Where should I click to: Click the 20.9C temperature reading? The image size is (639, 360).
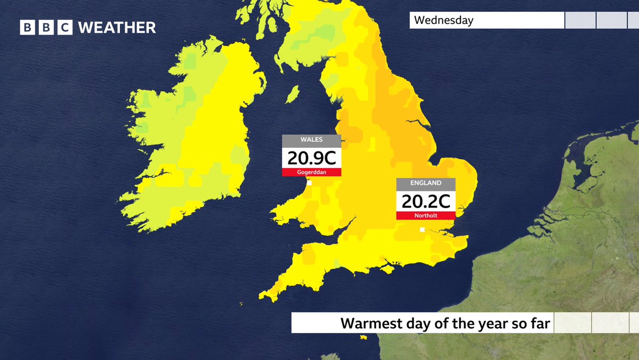(311, 158)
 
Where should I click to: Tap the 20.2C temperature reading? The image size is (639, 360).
(425, 201)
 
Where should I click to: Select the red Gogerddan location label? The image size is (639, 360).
(311, 172)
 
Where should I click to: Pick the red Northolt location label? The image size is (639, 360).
(425, 215)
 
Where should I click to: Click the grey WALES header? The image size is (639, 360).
(311, 140)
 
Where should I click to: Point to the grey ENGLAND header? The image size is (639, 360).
(425, 183)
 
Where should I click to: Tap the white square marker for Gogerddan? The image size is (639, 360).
(309, 183)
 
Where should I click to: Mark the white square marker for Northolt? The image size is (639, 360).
(422, 230)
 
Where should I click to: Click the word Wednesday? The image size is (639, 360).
(443, 21)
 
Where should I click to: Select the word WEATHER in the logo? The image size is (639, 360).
(117, 27)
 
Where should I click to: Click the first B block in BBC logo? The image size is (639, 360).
(28, 27)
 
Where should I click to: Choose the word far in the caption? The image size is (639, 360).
(538, 323)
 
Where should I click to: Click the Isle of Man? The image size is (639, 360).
(292, 95)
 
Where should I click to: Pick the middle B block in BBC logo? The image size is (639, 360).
(46, 27)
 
